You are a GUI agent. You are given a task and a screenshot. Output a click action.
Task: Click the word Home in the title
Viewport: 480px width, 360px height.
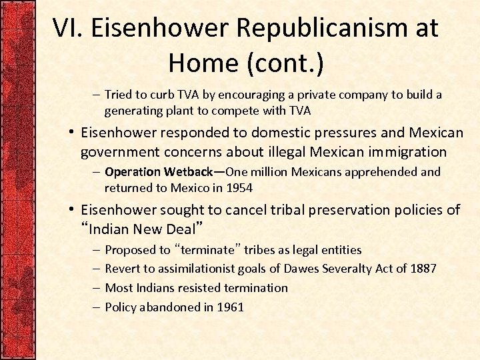click(x=203, y=63)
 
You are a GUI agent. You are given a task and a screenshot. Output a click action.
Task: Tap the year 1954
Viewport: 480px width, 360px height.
click(x=239, y=187)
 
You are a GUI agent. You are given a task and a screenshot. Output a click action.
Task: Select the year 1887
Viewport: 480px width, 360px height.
click(x=422, y=269)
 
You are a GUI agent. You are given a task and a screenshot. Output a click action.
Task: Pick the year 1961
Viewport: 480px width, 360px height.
click(x=230, y=307)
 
